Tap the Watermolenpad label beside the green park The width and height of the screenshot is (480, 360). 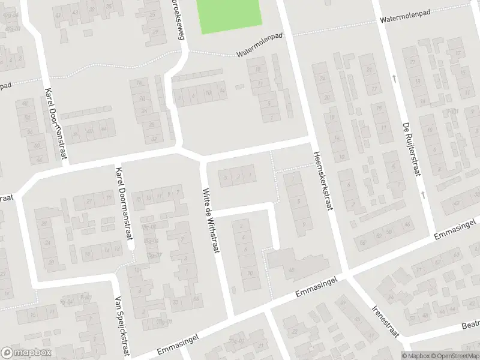coord(259,44)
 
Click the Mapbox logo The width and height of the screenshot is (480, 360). coord(26,352)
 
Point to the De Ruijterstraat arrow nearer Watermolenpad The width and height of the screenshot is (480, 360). coord(394,78)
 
